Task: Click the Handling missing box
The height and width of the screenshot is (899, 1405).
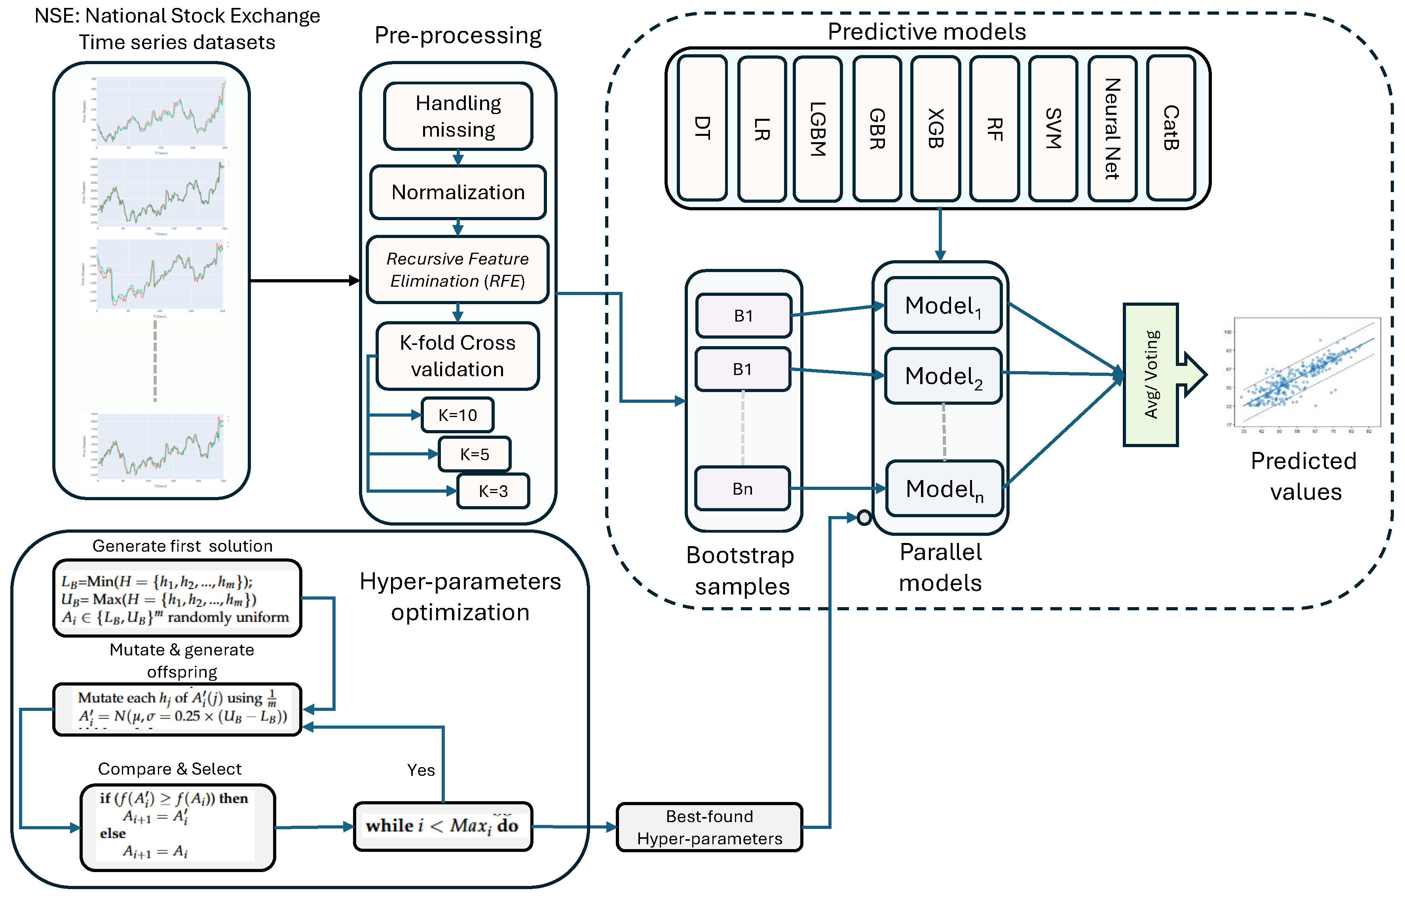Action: tap(458, 116)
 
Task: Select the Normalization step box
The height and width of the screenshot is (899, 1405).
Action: tap(458, 192)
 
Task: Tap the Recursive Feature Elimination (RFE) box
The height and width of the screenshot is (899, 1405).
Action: tap(458, 270)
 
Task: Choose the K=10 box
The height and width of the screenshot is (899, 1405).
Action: tap(458, 415)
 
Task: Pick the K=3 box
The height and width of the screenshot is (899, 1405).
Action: tap(493, 491)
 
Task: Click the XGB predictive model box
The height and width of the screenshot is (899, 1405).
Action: tap(935, 128)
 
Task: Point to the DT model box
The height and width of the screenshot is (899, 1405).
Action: tap(702, 128)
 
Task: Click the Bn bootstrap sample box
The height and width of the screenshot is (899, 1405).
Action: tap(742, 489)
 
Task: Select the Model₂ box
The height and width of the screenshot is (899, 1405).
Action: tap(943, 376)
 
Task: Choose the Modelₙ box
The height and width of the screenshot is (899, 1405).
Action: tap(944, 489)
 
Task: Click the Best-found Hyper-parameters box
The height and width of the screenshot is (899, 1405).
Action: tap(710, 827)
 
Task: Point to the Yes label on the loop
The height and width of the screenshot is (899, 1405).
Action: tap(421, 770)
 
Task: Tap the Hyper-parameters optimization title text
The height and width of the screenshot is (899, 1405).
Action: tap(460, 596)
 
